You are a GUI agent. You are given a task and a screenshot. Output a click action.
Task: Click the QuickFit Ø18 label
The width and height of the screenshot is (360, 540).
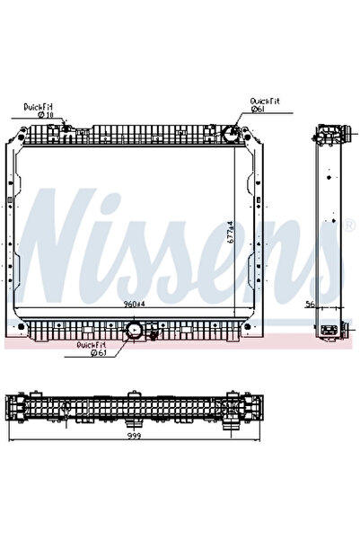40,111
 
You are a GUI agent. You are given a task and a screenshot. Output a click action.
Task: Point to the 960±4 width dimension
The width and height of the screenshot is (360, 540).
135,303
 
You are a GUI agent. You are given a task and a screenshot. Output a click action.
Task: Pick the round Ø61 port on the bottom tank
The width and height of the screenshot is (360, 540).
136,331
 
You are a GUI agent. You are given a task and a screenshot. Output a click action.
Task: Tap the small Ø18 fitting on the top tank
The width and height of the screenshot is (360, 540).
66,129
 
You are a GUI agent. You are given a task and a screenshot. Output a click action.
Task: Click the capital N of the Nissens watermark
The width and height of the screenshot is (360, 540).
67,235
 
